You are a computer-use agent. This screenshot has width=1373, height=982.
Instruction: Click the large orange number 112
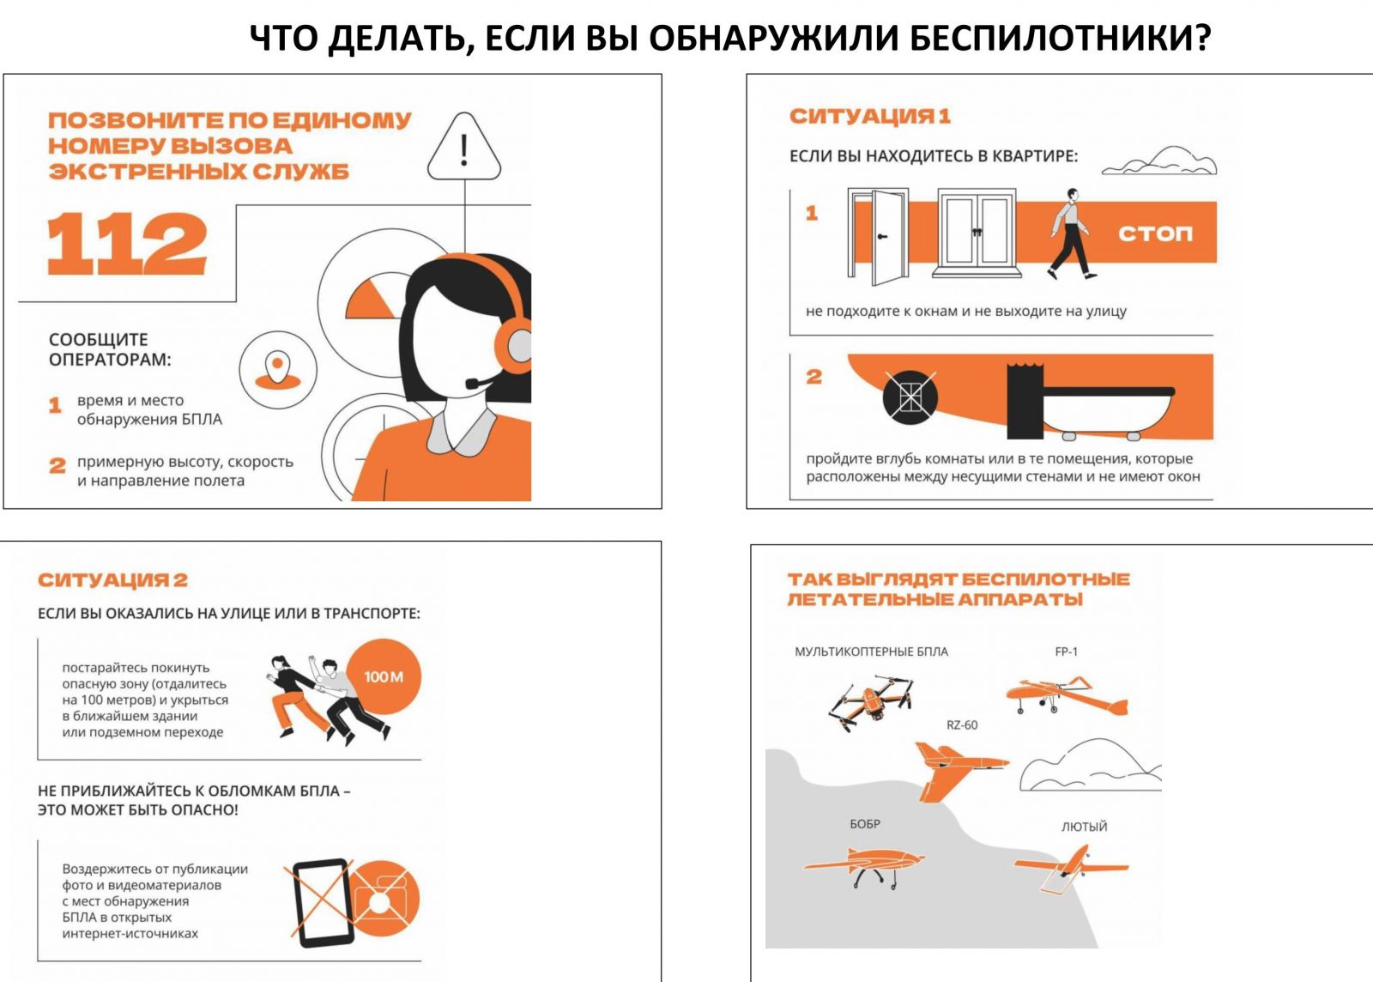pyautogui.click(x=127, y=244)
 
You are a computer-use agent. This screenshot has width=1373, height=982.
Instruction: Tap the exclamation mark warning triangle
pyautogui.click(x=464, y=147)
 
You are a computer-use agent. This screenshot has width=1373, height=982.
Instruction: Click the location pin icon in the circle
pyautogui.click(x=278, y=370)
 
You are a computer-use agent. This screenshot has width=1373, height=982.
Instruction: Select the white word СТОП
pyautogui.click(x=1155, y=233)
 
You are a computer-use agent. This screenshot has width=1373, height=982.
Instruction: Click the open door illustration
pyautogui.click(x=879, y=237)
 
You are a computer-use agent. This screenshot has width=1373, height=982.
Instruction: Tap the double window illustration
pyautogui.click(x=977, y=233)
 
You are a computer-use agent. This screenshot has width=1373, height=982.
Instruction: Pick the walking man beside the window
pyautogui.click(x=1072, y=233)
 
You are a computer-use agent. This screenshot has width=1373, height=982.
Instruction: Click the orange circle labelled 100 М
pyautogui.click(x=384, y=676)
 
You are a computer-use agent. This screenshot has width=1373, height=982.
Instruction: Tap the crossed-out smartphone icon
pyautogui.click(x=323, y=903)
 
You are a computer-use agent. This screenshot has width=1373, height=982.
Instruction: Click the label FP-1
pyautogui.click(x=1066, y=652)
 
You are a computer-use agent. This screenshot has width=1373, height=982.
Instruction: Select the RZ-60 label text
pyautogui.click(x=962, y=725)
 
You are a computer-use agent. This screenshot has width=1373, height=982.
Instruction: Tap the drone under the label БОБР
pyautogui.click(x=864, y=866)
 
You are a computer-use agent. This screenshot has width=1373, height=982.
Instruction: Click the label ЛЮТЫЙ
pyautogui.click(x=1085, y=827)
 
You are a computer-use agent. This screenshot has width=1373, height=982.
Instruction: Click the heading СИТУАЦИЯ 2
pyautogui.click(x=112, y=580)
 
